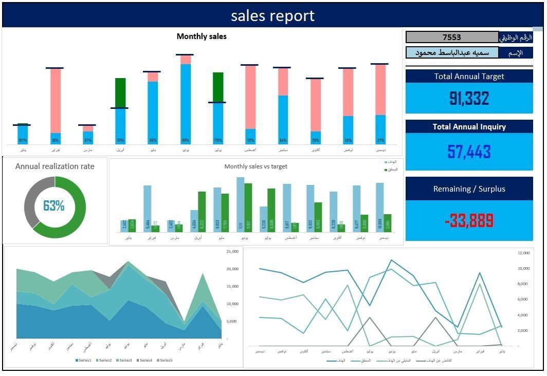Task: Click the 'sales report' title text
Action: pos(272,16)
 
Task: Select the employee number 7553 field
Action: pos(452,37)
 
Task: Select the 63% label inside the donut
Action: pos(54,206)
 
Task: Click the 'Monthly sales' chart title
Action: pos(202,36)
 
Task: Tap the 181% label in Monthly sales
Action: pos(120,140)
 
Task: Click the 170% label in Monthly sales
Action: pos(218,140)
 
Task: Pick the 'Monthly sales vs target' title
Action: pos(256,166)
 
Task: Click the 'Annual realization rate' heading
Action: pos(55,166)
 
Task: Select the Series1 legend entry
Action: pos(84,361)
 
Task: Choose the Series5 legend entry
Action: pos(165,361)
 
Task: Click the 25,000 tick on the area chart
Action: pos(232,251)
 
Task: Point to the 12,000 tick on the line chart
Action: pos(523,253)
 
